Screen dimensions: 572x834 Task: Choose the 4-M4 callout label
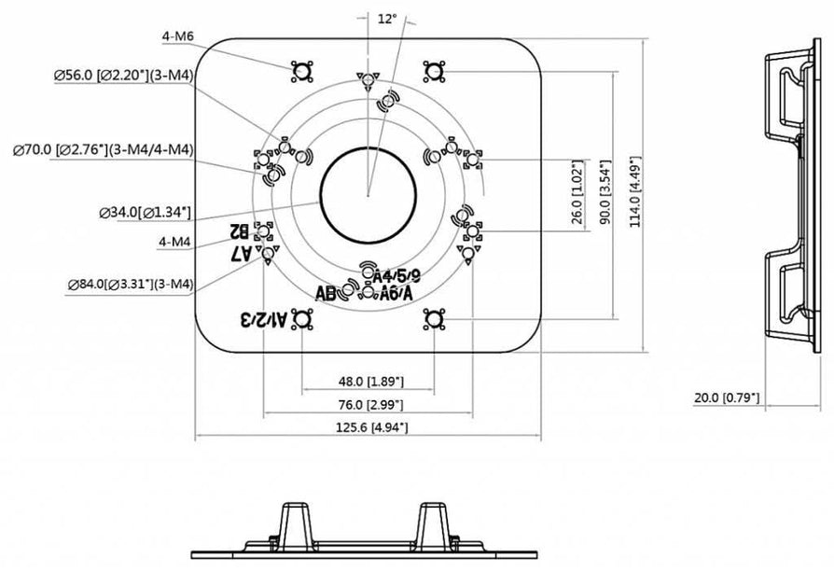point(174,242)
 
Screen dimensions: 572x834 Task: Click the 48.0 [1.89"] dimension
point(367,381)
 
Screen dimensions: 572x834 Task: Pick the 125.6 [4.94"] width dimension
point(367,427)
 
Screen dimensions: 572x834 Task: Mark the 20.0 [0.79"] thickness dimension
point(727,398)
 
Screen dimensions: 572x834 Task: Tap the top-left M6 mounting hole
point(300,72)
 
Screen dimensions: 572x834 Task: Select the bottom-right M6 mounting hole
point(432,321)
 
